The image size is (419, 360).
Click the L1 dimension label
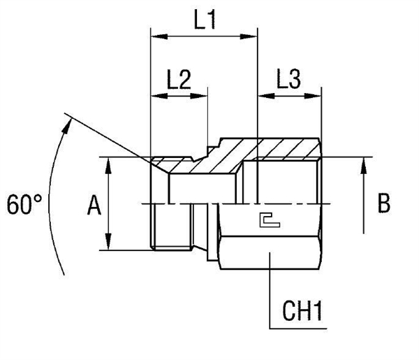[x=204, y=20]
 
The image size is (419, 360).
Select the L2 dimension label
[x=179, y=80]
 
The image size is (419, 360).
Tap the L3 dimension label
[x=288, y=80]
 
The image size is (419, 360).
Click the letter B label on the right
[x=383, y=203]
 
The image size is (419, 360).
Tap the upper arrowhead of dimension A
[x=110, y=162]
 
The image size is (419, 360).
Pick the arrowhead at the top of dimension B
[x=364, y=165]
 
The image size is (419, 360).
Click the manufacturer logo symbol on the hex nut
[x=267, y=221]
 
